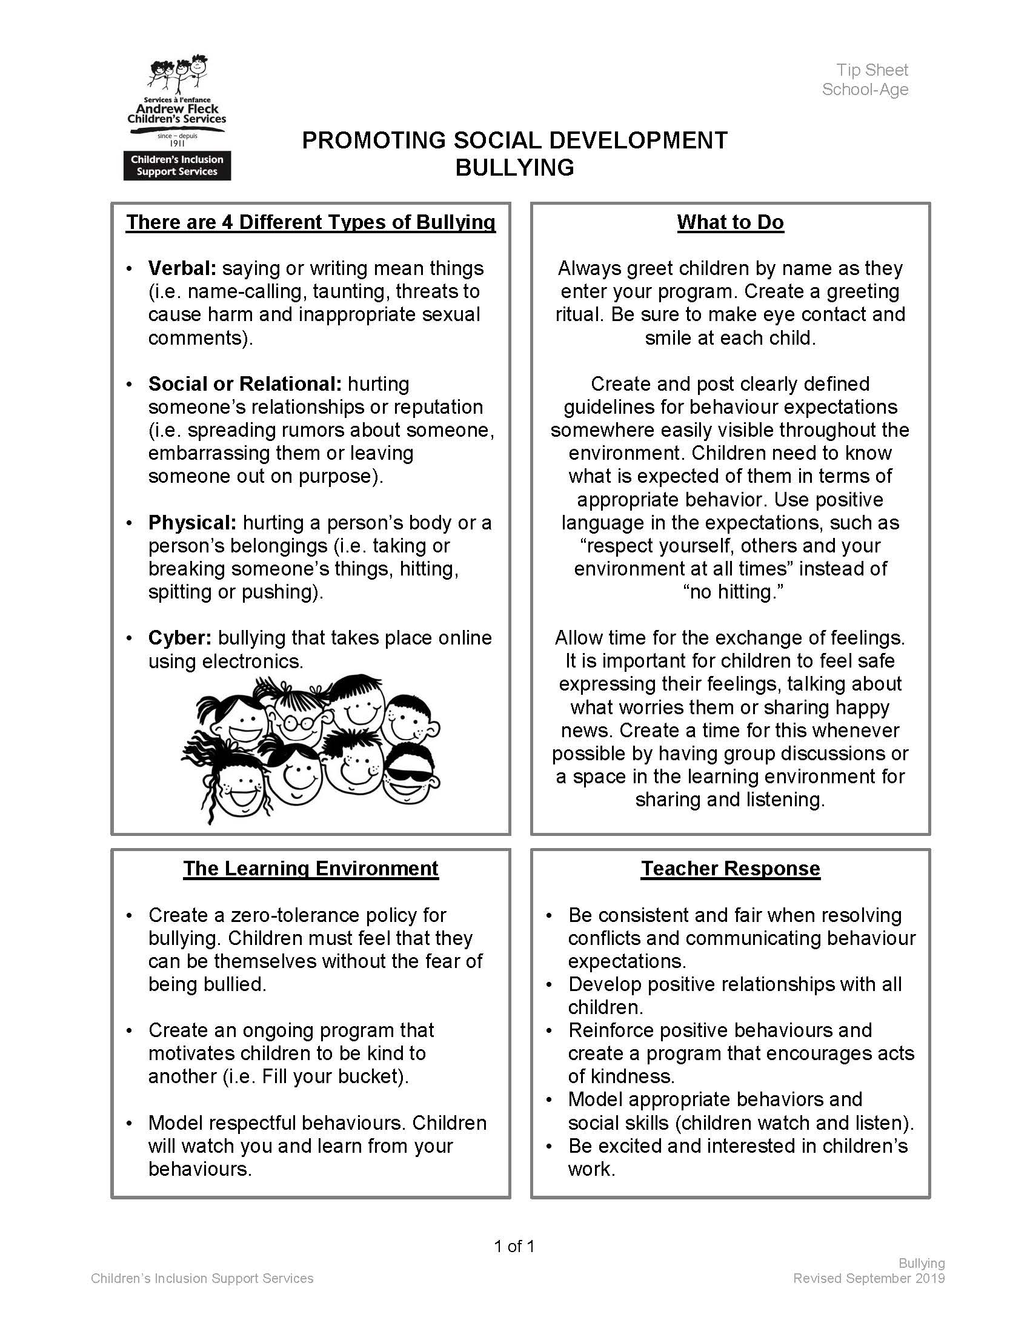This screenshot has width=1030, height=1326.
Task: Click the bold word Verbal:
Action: click(x=182, y=268)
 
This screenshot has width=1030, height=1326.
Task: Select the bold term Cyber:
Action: click(x=180, y=638)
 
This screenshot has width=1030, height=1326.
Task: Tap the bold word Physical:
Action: click(x=192, y=523)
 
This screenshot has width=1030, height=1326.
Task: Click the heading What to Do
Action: click(x=730, y=222)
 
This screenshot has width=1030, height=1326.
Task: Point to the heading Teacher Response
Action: click(x=730, y=869)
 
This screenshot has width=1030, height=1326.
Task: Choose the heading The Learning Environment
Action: click(x=310, y=869)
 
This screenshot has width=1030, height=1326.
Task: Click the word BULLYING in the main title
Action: click(x=514, y=168)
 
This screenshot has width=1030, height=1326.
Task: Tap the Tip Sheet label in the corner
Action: click(x=871, y=70)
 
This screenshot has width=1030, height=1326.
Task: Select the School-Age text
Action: click(x=865, y=90)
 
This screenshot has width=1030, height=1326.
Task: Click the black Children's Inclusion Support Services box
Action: click(x=177, y=166)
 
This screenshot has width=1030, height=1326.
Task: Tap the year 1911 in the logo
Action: click(x=177, y=144)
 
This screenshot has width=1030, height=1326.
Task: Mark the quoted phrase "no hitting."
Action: click(x=733, y=592)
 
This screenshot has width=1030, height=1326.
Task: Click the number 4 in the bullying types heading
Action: click(x=227, y=222)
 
